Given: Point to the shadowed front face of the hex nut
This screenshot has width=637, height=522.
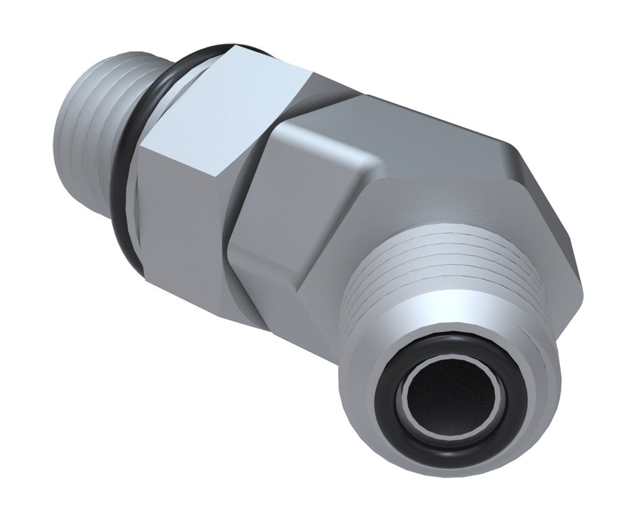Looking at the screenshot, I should click(185, 210).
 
